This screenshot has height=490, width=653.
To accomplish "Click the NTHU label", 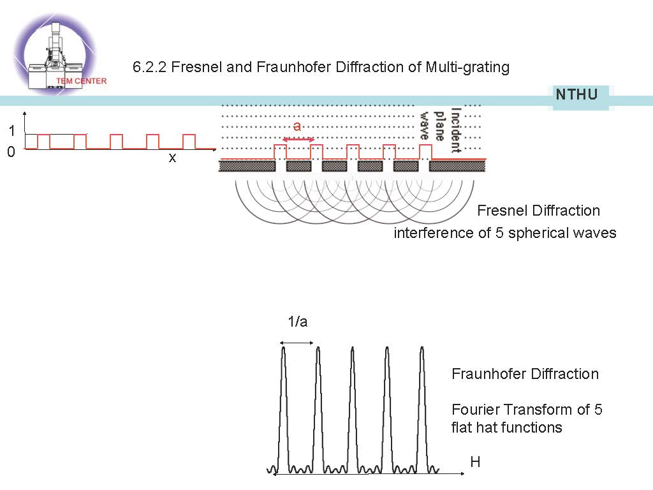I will (x=576, y=95).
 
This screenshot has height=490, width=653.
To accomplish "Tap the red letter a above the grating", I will (x=297, y=126).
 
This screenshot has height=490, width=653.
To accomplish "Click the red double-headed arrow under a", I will (x=298, y=139).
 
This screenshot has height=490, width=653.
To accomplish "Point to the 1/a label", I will (x=298, y=322).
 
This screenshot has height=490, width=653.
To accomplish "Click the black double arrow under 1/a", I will (x=298, y=343).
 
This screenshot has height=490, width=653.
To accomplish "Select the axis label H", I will (x=475, y=462).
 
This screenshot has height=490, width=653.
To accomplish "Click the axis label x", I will (x=172, y=158).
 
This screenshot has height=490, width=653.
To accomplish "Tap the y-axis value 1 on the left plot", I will (x=11, y=131).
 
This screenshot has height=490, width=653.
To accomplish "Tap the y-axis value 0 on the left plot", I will (x=11, y=153).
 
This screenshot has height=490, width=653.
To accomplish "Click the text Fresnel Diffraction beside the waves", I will (x=538, y=211).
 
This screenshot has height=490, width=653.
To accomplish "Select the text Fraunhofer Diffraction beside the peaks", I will (x=525, y=374).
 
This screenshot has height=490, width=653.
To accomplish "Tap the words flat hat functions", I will (x=506, y=427).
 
